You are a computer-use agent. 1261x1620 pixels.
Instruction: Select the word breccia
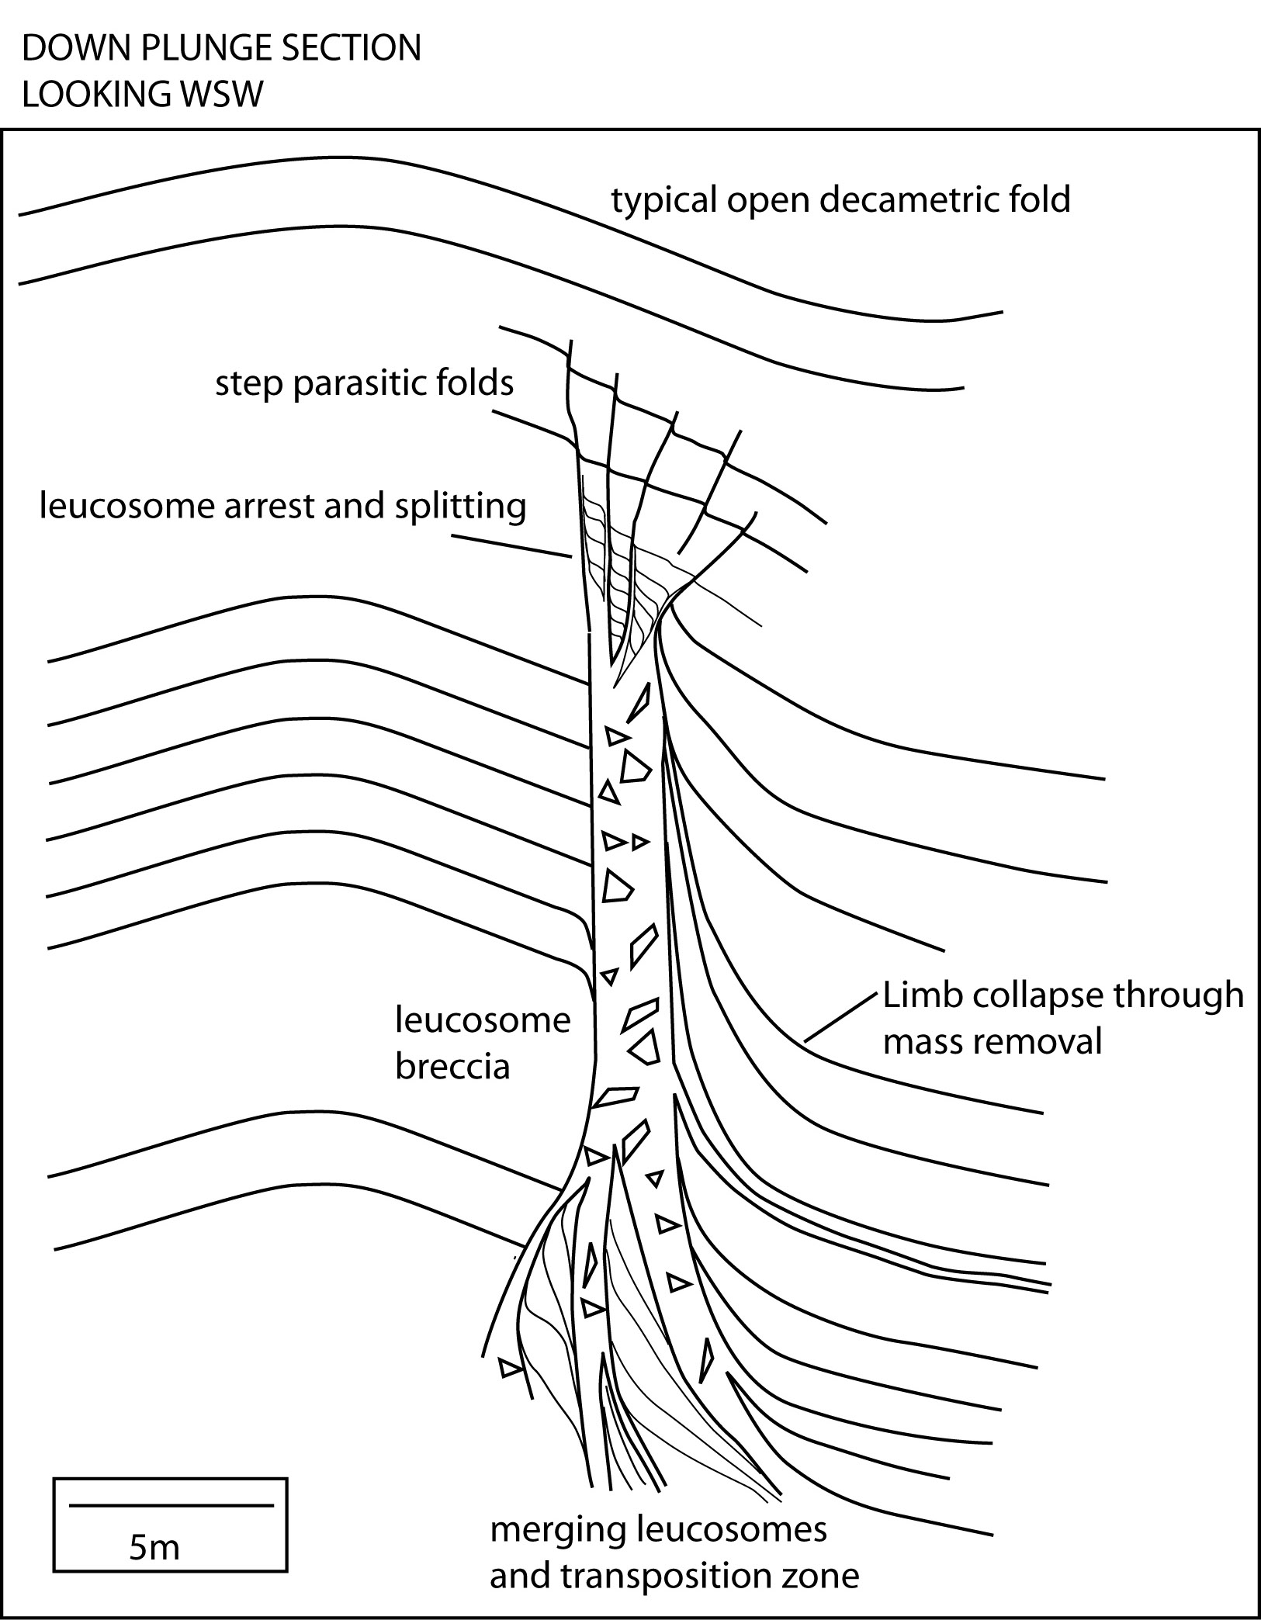coord(452,1067)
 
